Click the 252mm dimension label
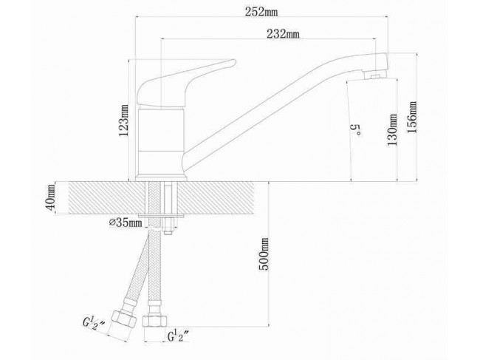261,12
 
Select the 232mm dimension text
283,34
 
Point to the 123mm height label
124,120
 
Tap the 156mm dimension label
412,117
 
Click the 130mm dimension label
392,129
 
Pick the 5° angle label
356,130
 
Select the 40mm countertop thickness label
50,197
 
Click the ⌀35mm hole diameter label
126,223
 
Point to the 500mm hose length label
264,254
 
